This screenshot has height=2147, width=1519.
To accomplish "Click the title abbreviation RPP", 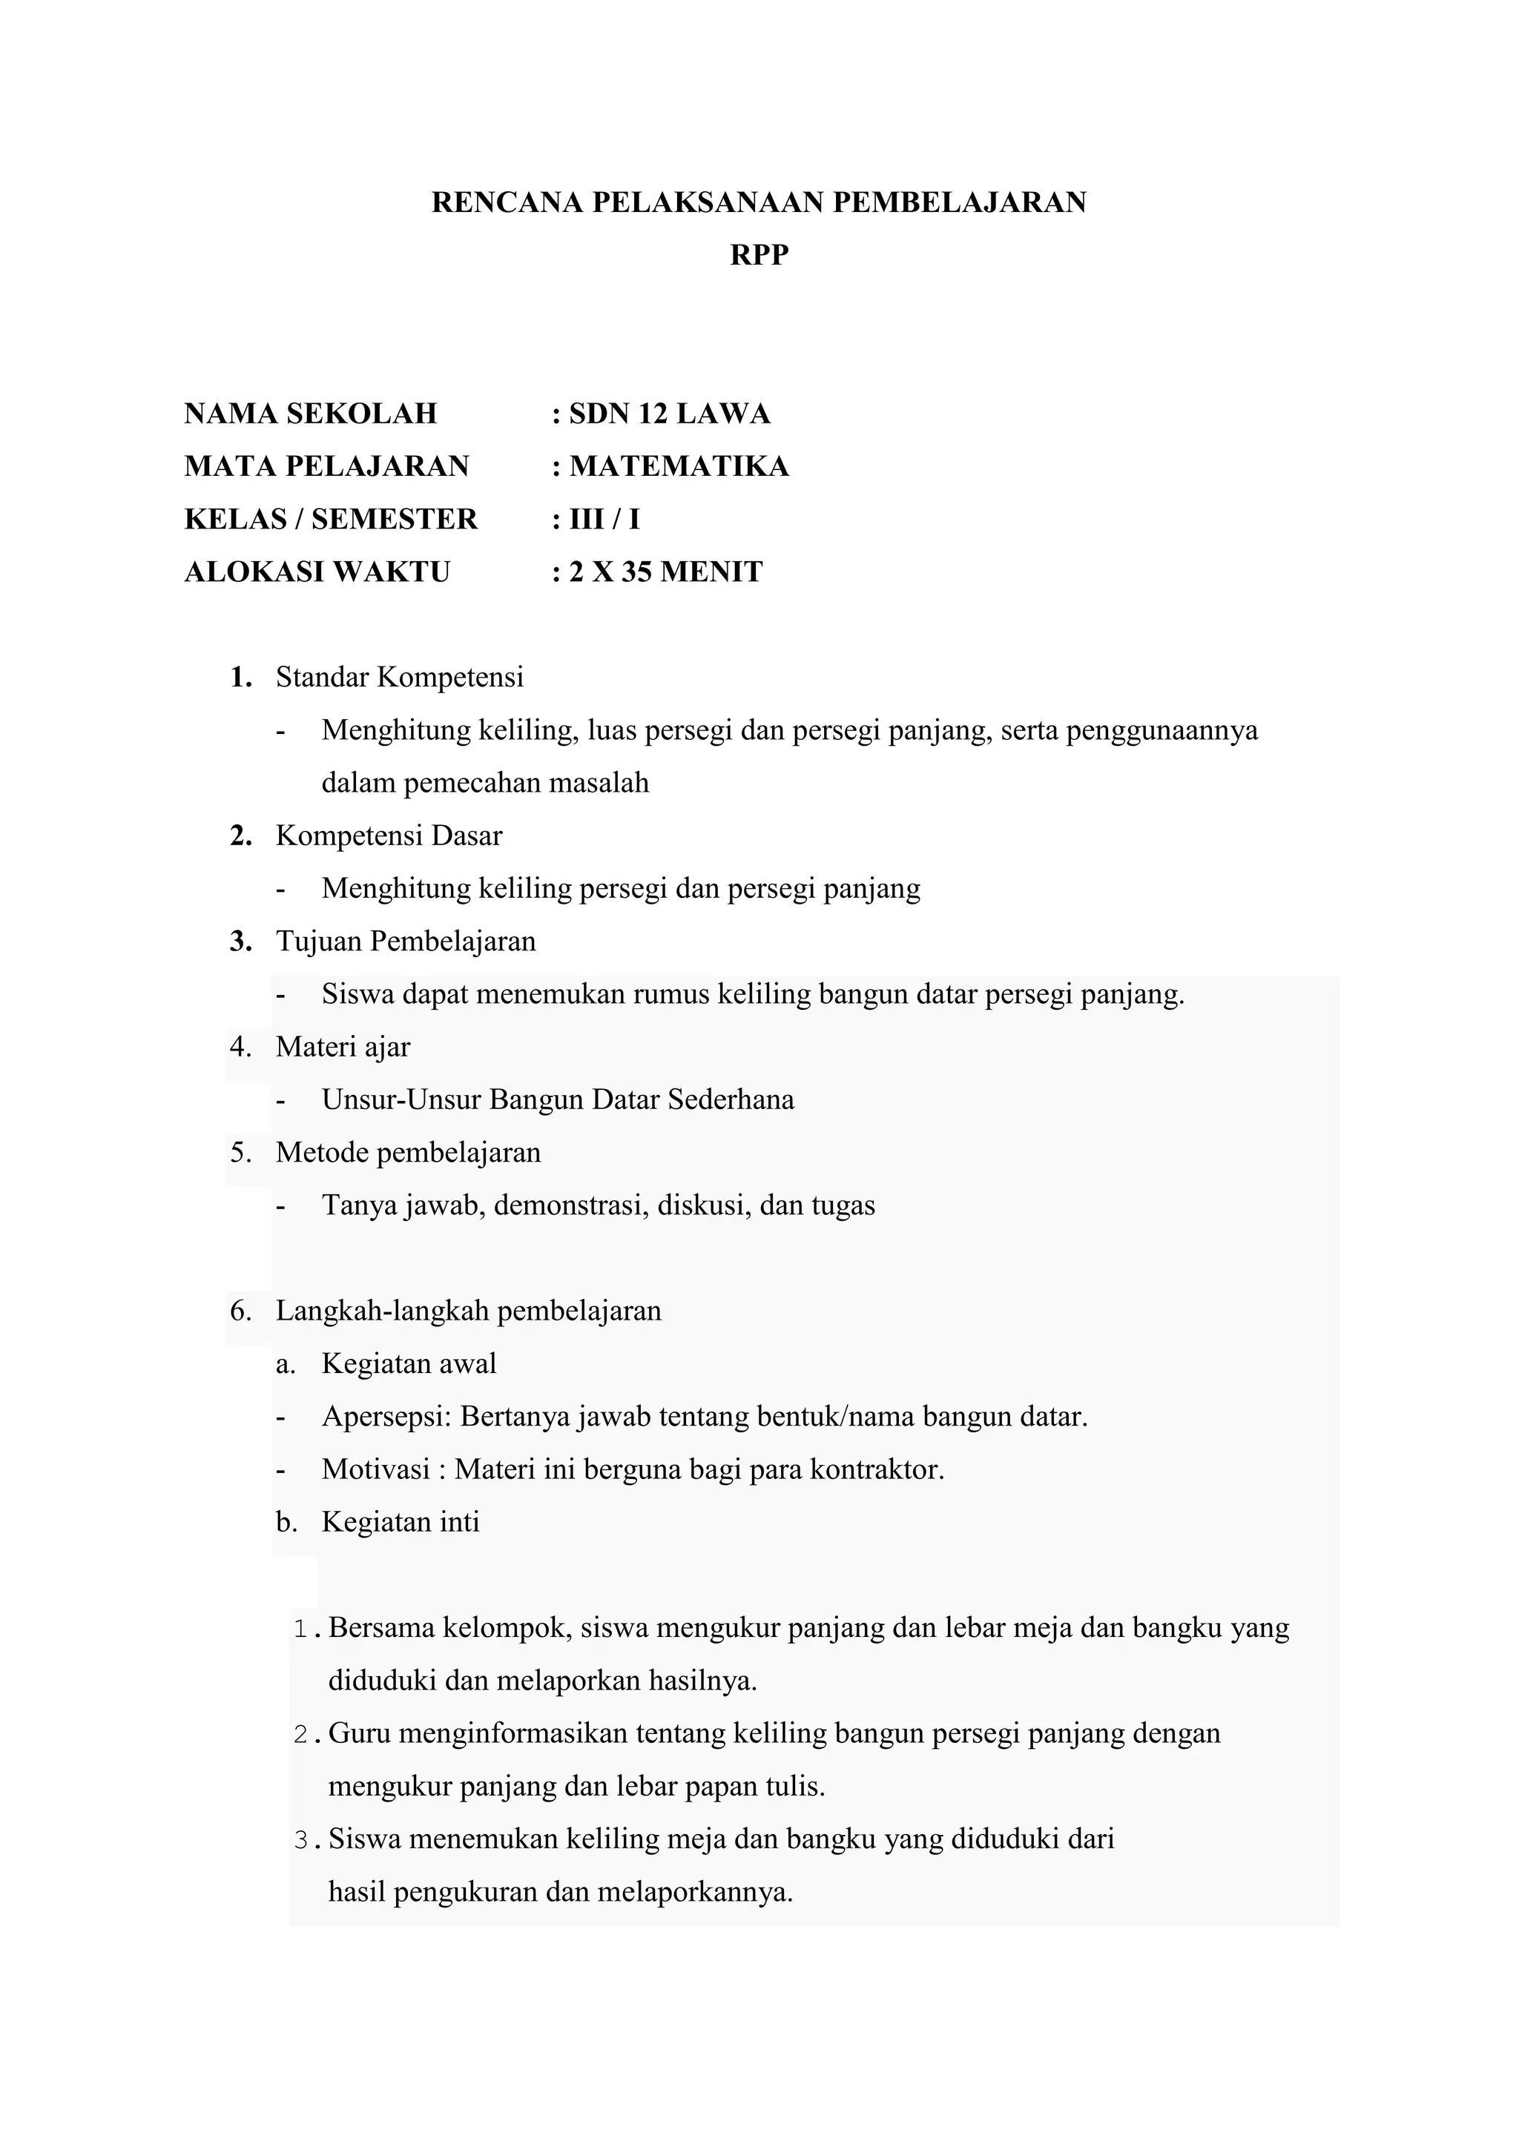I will point(759,255).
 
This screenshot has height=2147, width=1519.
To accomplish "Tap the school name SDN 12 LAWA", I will point(669,414).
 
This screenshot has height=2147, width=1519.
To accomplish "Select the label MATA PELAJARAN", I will point(326,466).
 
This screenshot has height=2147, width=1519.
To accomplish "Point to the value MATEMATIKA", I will point(679,466).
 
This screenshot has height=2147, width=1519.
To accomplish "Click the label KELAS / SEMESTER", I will point(331,519).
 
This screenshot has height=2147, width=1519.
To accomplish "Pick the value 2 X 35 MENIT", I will point(666,572).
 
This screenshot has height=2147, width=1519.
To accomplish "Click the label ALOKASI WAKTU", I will point(317,572).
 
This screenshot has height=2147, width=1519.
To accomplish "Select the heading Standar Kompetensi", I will point(399,677).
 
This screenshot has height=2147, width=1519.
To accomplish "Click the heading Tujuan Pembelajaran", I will point(406,941).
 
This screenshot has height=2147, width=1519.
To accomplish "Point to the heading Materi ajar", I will point(343,1046).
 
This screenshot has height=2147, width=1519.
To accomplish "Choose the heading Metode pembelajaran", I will point(408,1152).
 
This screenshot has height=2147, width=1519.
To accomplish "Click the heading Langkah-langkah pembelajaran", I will point(468,1310).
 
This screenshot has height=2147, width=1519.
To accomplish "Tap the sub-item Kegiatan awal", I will point(409,1363).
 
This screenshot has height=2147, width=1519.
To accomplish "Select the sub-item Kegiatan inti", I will point(401,1521).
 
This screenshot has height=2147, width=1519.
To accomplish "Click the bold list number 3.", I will point(241,942).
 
